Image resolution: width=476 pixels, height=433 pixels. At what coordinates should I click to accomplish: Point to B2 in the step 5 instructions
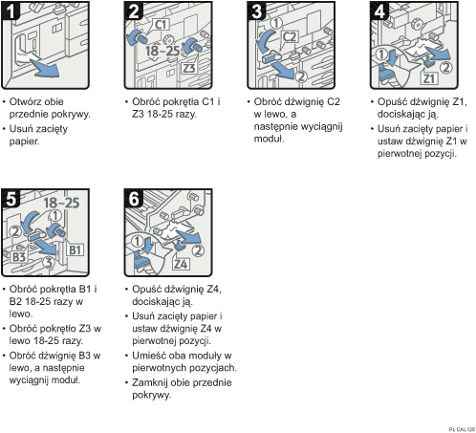pos(19,300)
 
